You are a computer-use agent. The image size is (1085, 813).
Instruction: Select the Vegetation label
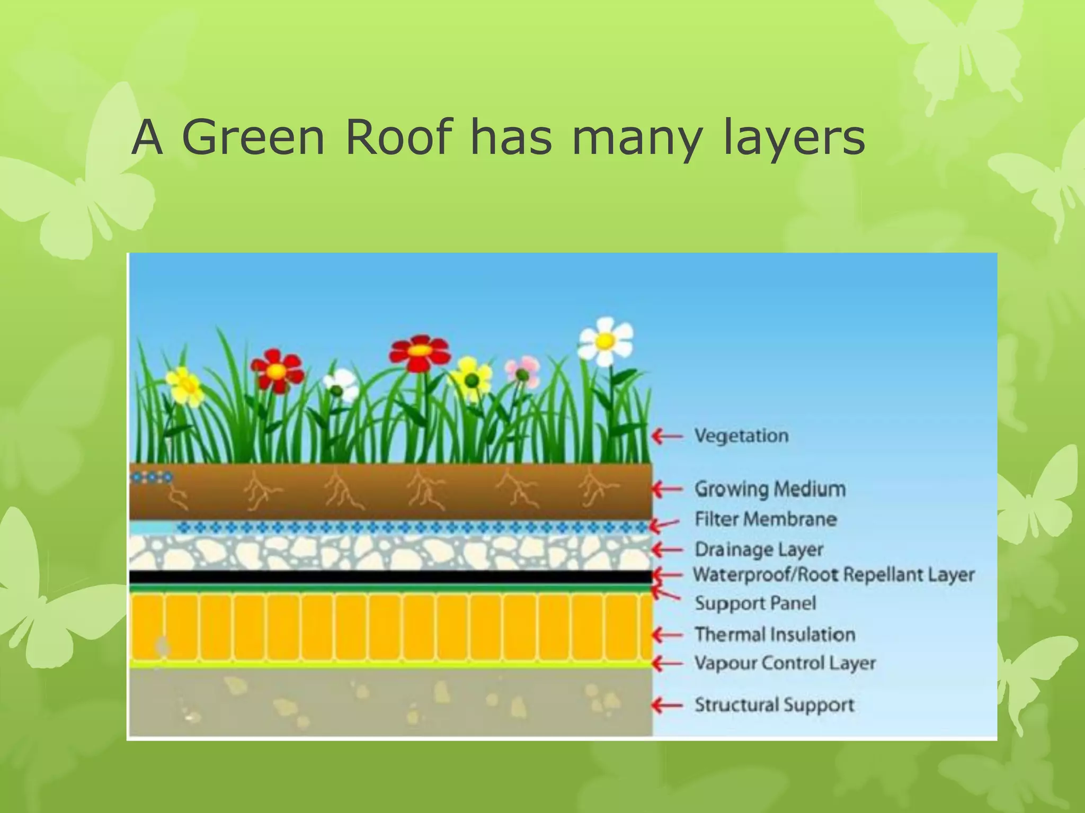pyautogui.click(x=741, y=436)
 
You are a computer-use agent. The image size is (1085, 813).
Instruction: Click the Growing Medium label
pyautogui.click(x=769, y=489)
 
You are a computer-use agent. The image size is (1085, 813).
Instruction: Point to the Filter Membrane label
pyautogui.click(x=766, y=519)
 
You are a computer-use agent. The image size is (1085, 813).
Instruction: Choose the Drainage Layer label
pyautogui.click(x=759, y=549)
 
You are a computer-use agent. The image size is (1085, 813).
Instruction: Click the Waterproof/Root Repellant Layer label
pyautogui.click(x=833, y=574)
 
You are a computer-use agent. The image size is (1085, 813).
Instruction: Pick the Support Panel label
pyautogui.click(x=755, y=603)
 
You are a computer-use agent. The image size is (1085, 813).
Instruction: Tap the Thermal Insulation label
pyautogui.click(x=775, y=634)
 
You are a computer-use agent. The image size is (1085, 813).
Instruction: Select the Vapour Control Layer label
pyautogui.click(x=785, y=663)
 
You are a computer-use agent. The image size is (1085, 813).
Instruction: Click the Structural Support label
pyautogui.click(x=774, y=705)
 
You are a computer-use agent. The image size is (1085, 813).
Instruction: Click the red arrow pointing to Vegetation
pyautogui.click(x=667, y=436)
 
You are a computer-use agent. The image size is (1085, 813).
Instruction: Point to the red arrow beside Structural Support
pyautogui.click(x=667, y=705)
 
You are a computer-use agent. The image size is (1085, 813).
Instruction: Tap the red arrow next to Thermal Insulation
pyautogui.click(x=667, y=635)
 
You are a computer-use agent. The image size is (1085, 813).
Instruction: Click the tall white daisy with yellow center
pyautogui.click(x=606, y=341)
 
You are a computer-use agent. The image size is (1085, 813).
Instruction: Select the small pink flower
pyautogui.click(x=522, y=371)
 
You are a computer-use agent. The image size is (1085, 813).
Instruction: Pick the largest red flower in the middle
pyautogui.click(x=420, y=352)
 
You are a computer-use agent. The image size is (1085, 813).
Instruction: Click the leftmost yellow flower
pyautogui.click(x=184, y=385)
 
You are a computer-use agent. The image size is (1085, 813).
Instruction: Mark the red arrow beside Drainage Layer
pyautogui.click(x=667, y=550)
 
